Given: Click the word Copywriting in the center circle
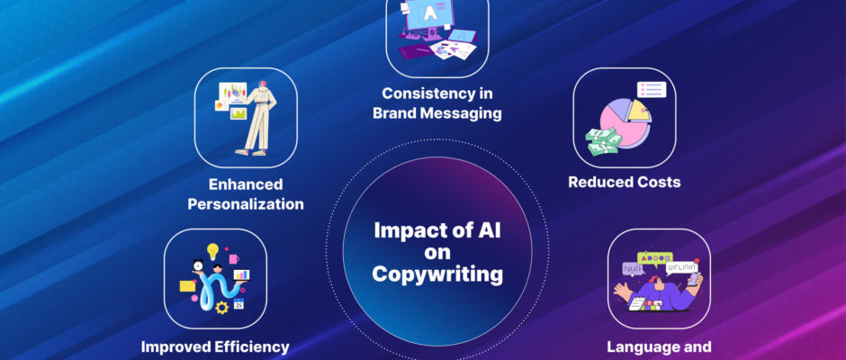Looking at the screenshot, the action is [x=437, y=274].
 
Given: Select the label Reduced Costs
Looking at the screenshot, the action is [x=625, y=182].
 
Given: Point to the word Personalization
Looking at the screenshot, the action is [x=246, y=204].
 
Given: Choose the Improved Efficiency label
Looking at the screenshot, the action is [x=215, y=347].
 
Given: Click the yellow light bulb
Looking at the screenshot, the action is [x=213, y=251].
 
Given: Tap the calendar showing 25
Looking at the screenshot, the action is [x=238, y=304].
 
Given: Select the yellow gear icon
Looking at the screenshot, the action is [x=221, y=308].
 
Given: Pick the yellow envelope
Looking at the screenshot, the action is [x=187, y=285].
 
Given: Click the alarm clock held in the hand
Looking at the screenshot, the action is [x=197, y=265].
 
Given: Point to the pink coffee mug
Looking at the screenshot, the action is [x=234, y=258].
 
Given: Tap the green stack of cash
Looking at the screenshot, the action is [x=604, y=141].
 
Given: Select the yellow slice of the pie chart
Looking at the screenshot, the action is [x=638, y=110].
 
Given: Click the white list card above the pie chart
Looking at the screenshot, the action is [x=652, y=90].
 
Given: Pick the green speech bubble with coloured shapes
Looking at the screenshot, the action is [x=655, y=258].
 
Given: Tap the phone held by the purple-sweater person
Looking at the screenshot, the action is [x=692, y=279].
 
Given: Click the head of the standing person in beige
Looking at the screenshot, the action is [x=262, y=85].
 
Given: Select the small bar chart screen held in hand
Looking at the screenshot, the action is [x=241, y=274].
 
